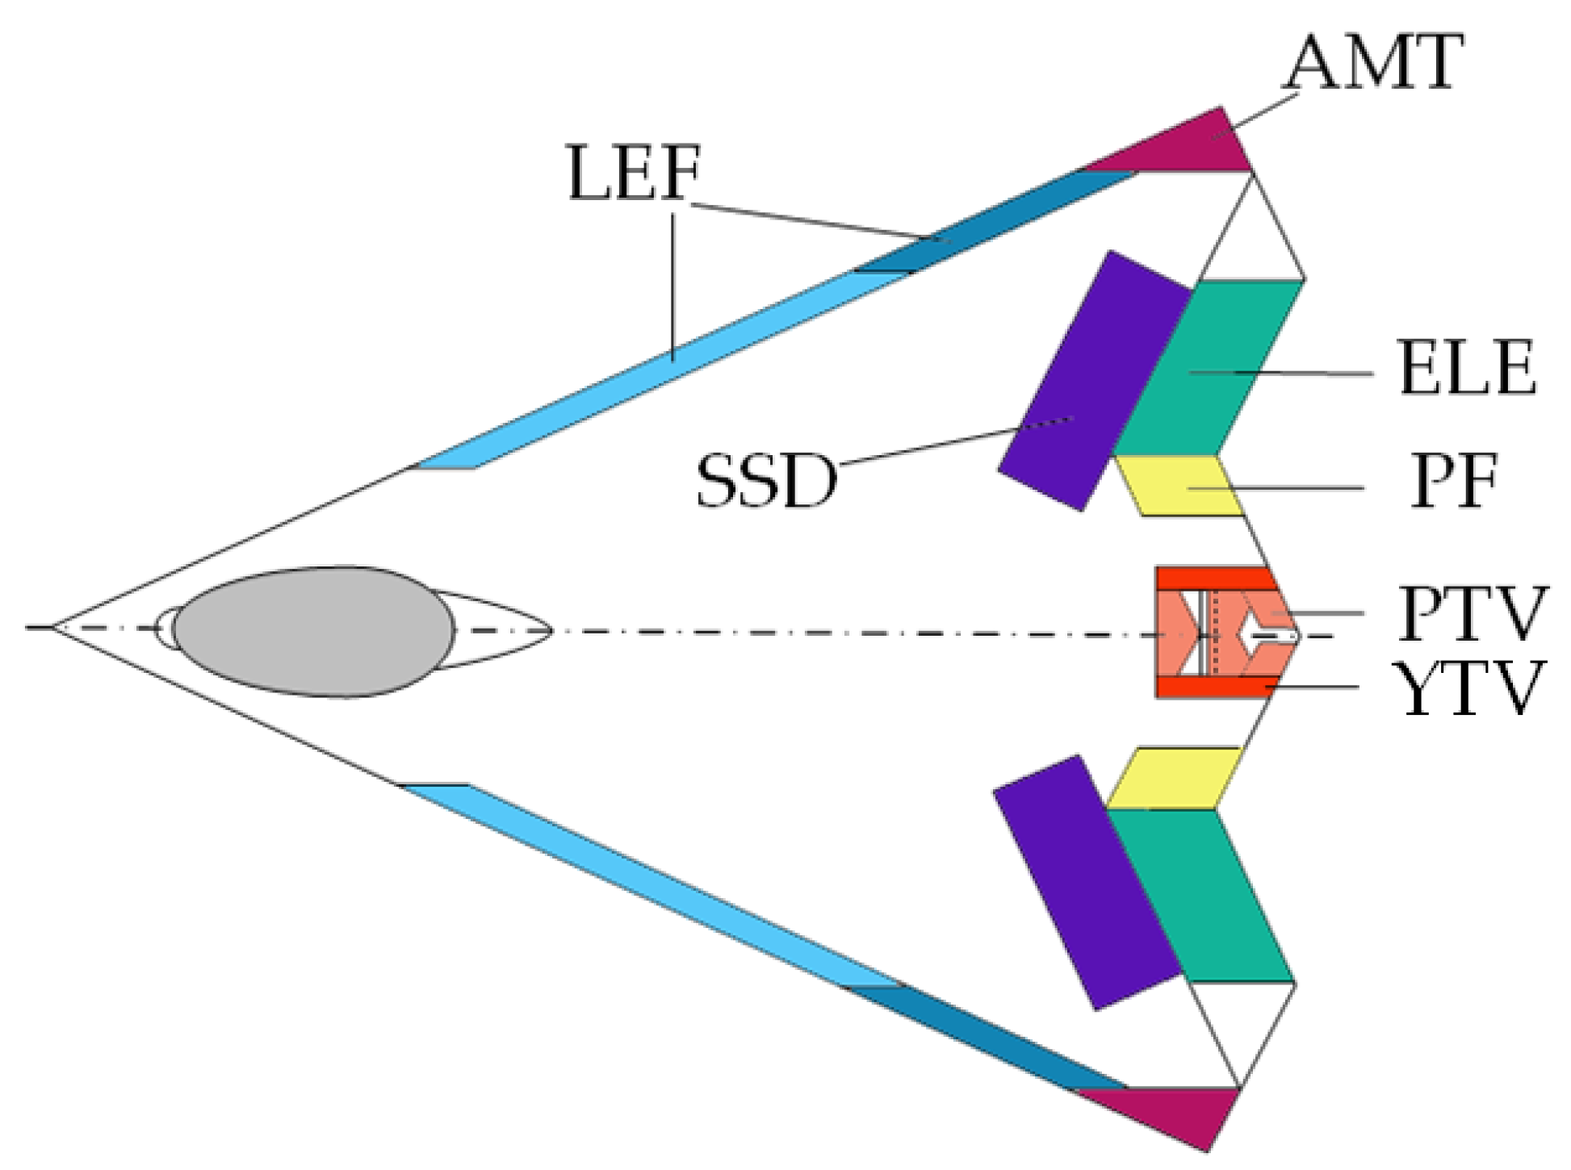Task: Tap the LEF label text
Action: coord(634,173)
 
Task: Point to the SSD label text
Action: coord(766,481)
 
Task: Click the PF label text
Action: coord(1454,482)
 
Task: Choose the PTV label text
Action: coord(1472,614)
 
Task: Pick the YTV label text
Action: coord(1472,688)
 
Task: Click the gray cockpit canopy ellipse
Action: coord(313,631)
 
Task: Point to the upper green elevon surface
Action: coord(1208,368)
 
